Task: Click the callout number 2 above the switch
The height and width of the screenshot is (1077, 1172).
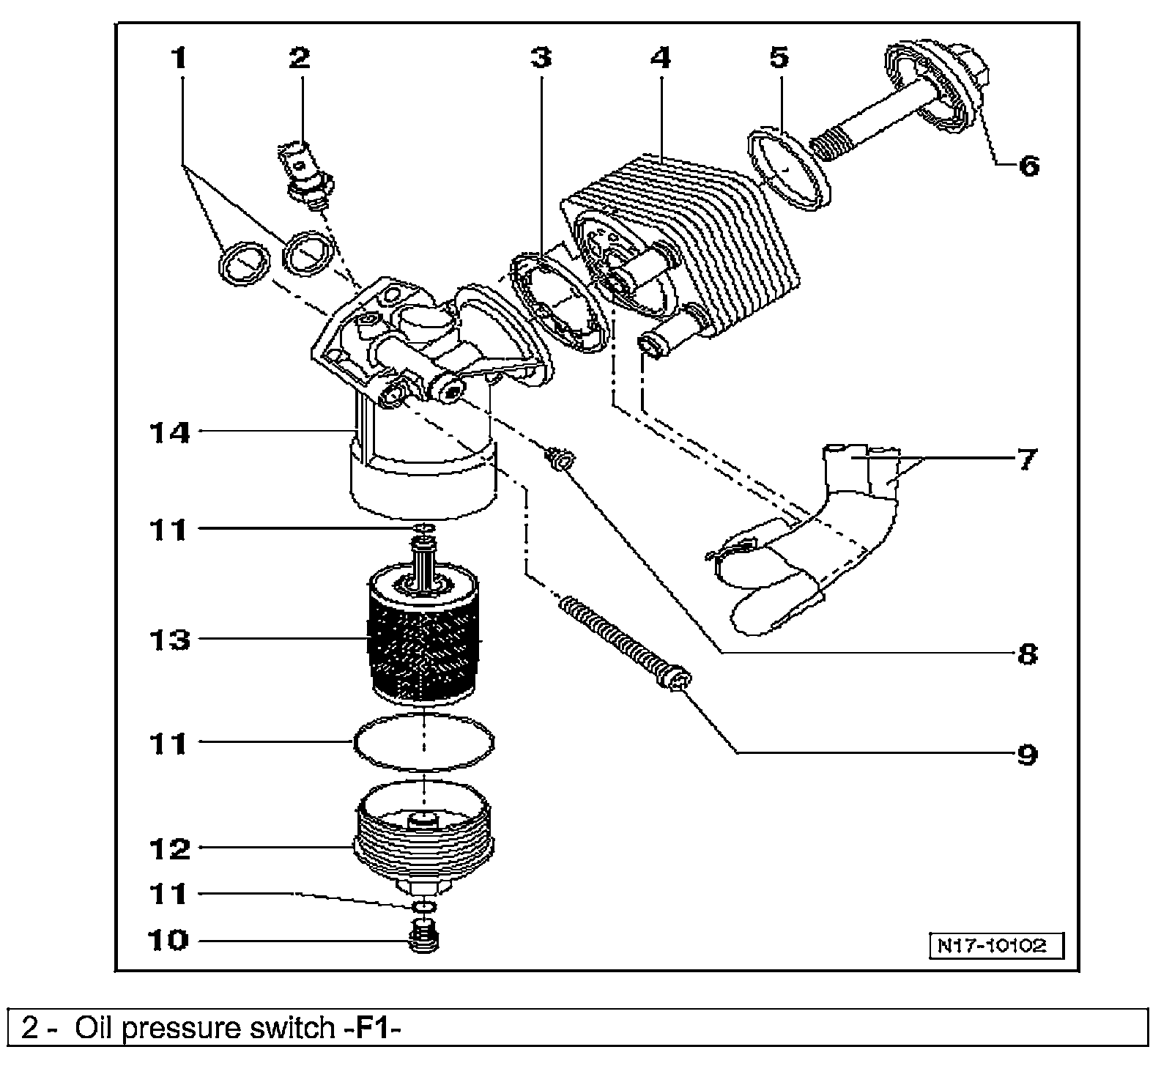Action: coord(299,57)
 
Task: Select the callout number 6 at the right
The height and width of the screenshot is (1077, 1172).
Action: coord(1028,166)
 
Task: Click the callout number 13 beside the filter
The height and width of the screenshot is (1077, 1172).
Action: coord(170,640)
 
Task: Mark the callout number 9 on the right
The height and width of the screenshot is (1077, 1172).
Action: coord(1028,753)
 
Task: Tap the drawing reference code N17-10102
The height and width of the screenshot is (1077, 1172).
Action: coord(997,945)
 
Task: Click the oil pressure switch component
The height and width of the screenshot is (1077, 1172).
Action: coord(308,176)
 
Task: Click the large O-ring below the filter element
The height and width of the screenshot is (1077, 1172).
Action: coord(423,741)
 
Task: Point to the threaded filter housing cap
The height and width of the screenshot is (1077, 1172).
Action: coord(425,835)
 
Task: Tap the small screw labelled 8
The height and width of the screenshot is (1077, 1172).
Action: coord(561,461)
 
